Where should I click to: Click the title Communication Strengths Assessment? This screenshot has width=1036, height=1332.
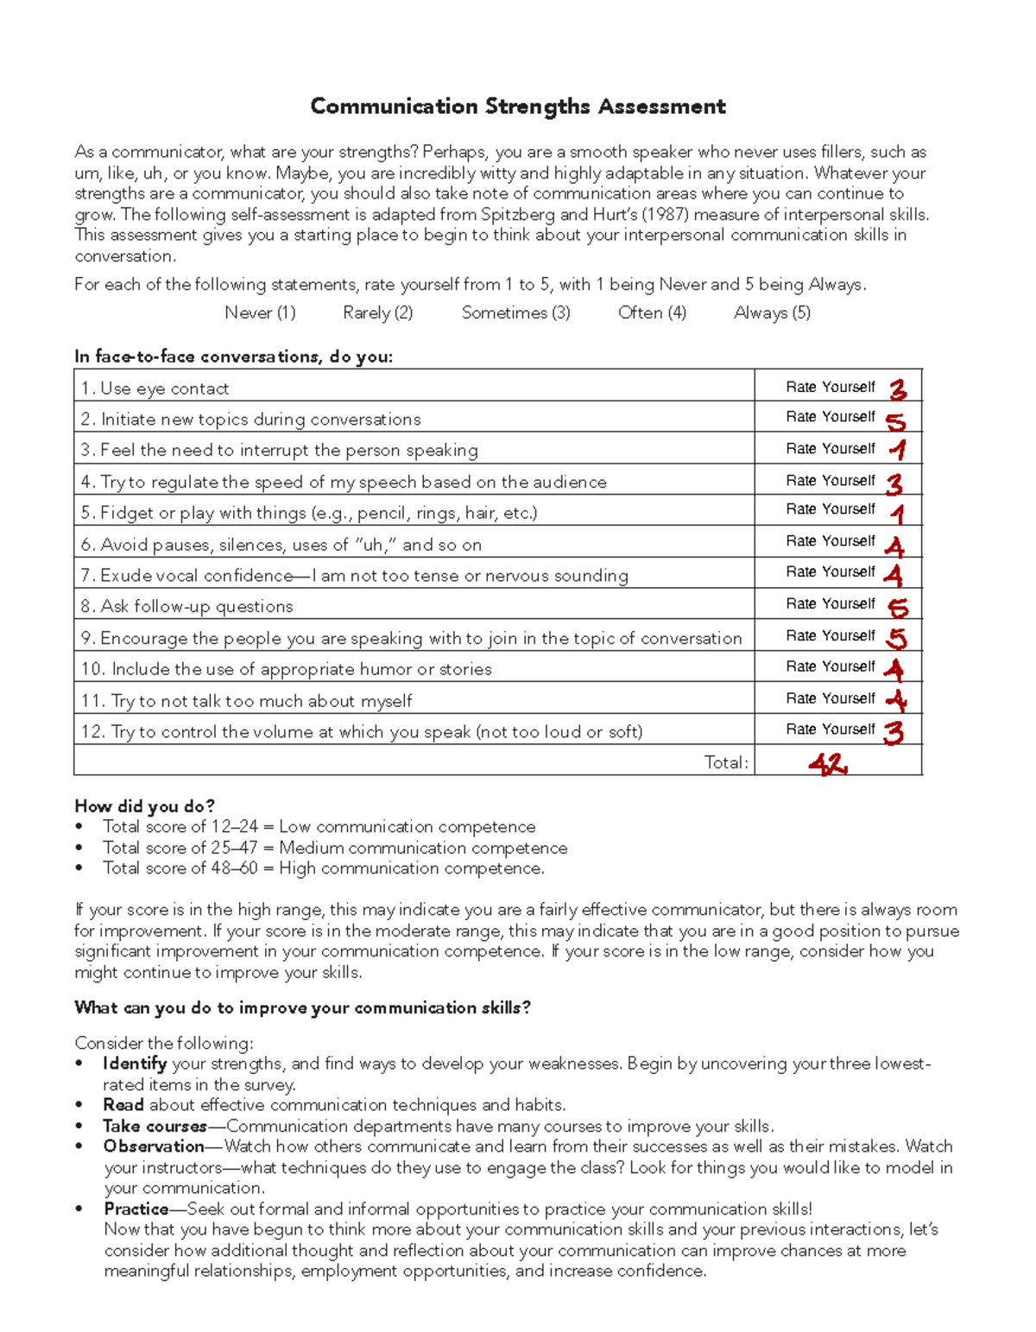(x=518, y=106)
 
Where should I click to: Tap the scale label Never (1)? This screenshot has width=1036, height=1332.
(x=260, y=312)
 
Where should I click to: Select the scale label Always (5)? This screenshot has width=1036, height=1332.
(x=772, y=312)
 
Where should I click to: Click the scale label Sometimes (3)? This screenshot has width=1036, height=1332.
(x=515, y=312)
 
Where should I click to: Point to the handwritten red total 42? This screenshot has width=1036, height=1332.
(x=827, y=764)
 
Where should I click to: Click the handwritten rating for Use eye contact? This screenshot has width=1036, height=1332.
(x=898, y=389)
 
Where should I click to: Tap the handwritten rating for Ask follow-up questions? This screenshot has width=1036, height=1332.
(x=898, y=608)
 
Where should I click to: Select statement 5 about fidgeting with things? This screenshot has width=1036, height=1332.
(x=309, y=513)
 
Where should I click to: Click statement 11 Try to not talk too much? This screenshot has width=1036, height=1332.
(x=247, y=701)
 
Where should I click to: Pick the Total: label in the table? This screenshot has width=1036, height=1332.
(x=726, y=762)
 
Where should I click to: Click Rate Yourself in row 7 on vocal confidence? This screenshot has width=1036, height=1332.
(x=831, y=571)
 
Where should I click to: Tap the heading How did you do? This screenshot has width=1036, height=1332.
(x=144, y=806)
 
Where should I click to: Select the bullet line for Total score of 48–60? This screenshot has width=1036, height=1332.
(x=324, y=868)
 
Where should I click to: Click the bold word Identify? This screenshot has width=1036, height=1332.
(x=135, y=1064)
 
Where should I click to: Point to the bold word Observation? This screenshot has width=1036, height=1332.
(x=154, y=1146)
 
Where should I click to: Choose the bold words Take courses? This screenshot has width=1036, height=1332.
(x=155, y=1126)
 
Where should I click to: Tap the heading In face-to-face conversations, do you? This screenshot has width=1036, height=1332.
(x=233, y=357)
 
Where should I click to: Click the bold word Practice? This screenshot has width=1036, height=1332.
(x=136, y=1209)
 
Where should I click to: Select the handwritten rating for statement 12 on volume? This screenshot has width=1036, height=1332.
(x=894, y=732)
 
